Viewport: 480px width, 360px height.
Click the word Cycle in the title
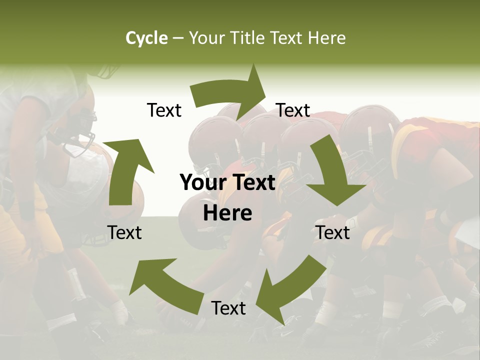pos(146,38)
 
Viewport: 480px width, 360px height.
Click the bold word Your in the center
pos(202,183)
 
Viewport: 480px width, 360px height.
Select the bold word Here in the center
pos(227,213)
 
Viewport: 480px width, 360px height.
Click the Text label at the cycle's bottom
pos(228,308)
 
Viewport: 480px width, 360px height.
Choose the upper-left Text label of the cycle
pos(164,110)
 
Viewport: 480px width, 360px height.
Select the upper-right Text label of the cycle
pos(293,110)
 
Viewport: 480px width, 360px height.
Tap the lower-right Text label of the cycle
pos(333,232)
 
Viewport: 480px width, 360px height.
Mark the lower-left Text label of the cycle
pos(124,232)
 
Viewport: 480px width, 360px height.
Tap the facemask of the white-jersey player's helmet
pos(82,132)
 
